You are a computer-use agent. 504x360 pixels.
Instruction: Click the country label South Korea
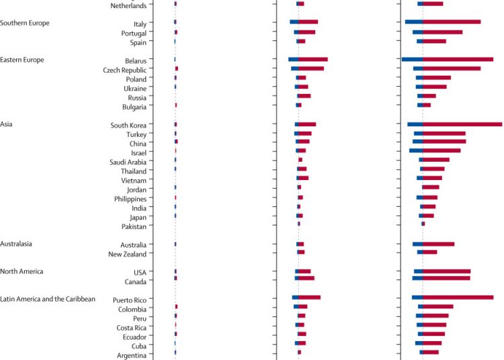pyautogui.click(x=129, y=125)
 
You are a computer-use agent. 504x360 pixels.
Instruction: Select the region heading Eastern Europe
pyautogui.click(x=22, y=60)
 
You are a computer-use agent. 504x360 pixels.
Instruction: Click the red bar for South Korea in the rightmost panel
pyautogui.click(x=462, y=124)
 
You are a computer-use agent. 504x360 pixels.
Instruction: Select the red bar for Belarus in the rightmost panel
pyautogui.click(x=458, y=59)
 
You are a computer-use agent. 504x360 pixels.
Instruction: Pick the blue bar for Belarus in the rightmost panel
pyautogui.click(x=412, y=59)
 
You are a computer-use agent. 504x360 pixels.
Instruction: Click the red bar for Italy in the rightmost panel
pyautogui.click(x=452, y=22)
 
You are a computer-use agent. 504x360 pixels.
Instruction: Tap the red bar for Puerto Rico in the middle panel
pyautogui.click(x=310, y=297)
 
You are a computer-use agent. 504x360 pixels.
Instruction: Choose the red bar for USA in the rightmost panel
pyautogui.click(x=446, y=271)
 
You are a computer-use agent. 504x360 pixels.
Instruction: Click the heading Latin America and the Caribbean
pyautogui.click(x=48, y=299)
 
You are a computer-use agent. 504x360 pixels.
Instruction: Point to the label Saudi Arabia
pyautogui.click(x=128, y=162)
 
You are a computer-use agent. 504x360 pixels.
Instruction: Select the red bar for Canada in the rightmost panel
pyautogui.click(x=446, y=278)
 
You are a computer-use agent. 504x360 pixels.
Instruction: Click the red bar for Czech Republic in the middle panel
pyautogui.click(x=311, y=69)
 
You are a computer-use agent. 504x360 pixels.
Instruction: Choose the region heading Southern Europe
pyautogui.click(x=25, y=23)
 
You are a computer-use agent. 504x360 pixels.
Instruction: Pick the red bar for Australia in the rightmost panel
pyautogui.click(x=439, y=244)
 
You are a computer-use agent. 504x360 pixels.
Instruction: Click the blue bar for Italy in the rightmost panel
pyautogui.click(x=414, y=22)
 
